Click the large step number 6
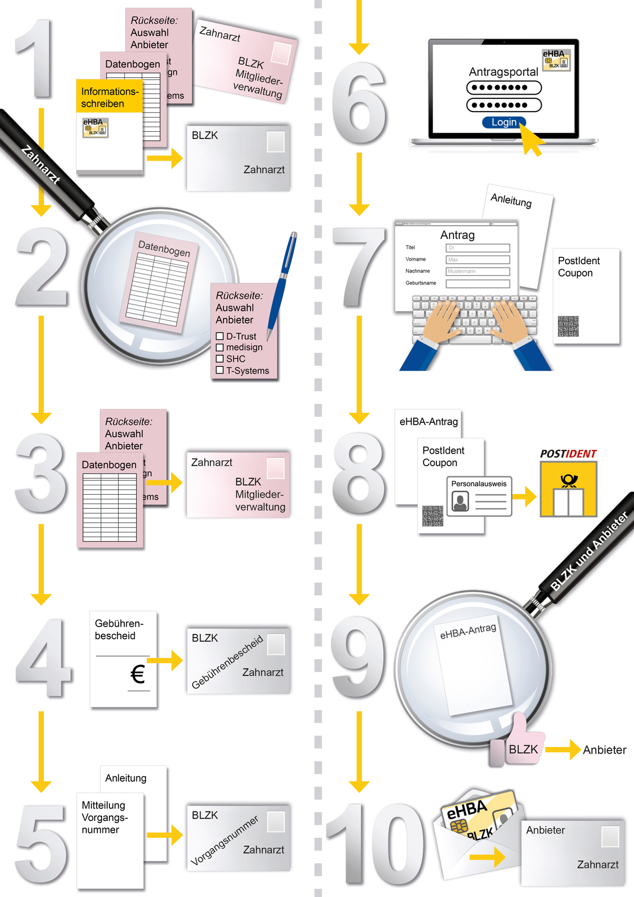click(359, 106)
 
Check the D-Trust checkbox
click(220, 336)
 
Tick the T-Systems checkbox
click(220, 370)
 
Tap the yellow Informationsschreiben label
click(109, 97)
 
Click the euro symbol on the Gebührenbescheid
click(137, 674)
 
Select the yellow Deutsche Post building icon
click(568, 489)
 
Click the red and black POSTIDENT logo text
click(568, 454)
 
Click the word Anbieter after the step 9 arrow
click(604, 750)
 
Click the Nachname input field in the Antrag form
click(478, 271)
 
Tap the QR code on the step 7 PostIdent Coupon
click(568, 326)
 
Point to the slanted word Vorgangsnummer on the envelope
click(225, 840)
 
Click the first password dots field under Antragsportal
click(504, 88)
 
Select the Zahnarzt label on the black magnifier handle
click(41, 164)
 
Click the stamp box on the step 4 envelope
click(276, 644)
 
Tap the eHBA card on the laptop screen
click(556, 60)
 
